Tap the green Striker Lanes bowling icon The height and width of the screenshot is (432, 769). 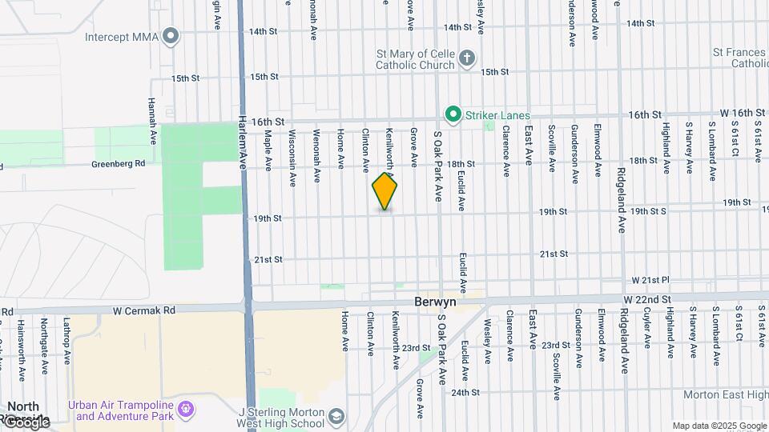tap(453, 115)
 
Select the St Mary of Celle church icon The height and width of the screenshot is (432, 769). tap(467, 58)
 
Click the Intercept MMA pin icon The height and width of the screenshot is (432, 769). tap(170, 35)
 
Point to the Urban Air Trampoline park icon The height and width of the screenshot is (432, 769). tap(187, 410)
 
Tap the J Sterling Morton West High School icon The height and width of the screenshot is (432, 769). tap(337, 416)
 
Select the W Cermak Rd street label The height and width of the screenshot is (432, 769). tap(144, 310)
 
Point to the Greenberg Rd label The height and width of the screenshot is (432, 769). tap(118, 163)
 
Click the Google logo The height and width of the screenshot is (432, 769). tap(26, 421)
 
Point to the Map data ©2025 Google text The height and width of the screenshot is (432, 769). tap(719, 426)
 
